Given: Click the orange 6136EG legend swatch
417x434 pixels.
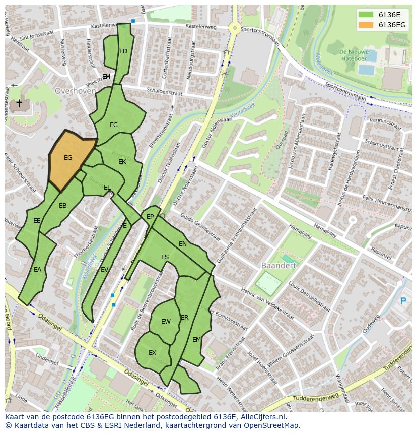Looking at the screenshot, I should tap(367, 25).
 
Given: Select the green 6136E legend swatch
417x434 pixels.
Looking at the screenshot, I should tap(367, 15).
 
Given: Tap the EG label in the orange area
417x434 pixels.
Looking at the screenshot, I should tap(68, 158).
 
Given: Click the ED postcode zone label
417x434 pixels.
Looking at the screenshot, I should tap(123, 51).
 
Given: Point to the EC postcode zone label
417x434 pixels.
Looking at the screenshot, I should tap(114, 125).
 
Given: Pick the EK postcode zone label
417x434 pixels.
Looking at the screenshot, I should tap(122, 162).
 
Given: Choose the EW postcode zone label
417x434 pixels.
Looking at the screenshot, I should tap(166, 322).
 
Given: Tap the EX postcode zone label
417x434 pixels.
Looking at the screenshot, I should tap(152, 353).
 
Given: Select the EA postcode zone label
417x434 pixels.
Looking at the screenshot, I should tap(37, 270).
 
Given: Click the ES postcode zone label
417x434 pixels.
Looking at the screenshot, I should tap(165, 257).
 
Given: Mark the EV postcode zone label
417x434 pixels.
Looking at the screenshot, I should tap(104, 270).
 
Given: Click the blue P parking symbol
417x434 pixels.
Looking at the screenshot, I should tap(402, 301).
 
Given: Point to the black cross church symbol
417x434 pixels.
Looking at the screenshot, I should tap(19, 103).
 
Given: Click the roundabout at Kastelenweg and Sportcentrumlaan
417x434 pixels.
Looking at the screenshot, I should tap(234, 29).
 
